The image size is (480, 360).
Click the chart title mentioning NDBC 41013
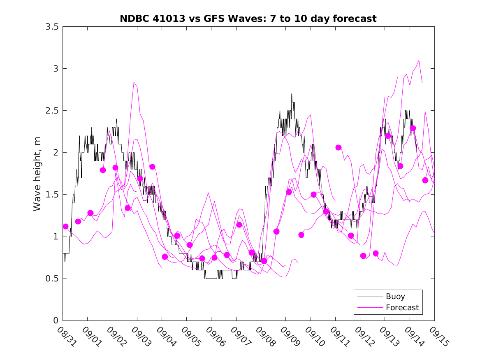(248, 19)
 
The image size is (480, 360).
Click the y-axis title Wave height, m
(37, 174)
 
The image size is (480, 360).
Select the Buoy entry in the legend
(395, 296)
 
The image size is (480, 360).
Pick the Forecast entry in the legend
(402, 307)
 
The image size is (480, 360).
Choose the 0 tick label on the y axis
(55, 321)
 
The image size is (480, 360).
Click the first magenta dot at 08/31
(65, 226)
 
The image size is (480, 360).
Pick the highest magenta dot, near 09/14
(413, 128)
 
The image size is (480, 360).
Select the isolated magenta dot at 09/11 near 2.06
(339, 147)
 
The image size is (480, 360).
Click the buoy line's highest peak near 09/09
(291, 94)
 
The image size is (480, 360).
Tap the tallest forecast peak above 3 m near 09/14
(419, 60)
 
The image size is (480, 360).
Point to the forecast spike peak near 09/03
(134, 82)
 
